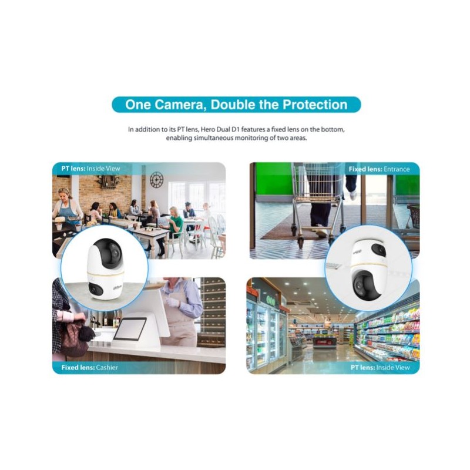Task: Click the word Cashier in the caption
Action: coord(106,368)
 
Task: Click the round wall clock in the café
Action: coord(156,179)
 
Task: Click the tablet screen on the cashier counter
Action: coord(130,328)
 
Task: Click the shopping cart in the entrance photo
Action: coord(317,197)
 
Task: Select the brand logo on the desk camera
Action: coord(118,289)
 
